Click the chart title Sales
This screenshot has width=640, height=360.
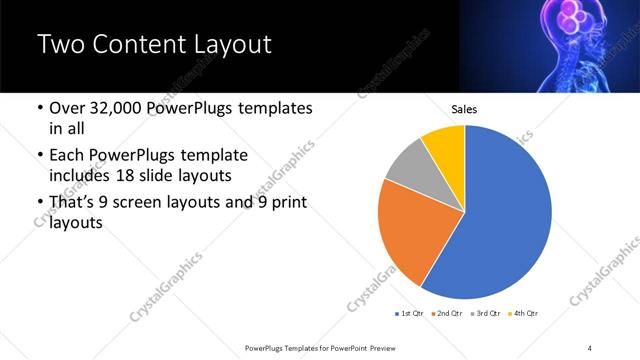[x=465, y=109]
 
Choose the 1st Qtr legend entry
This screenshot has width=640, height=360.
[x=410, y=314]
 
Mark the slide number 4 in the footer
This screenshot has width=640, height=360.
[x=589, y=347]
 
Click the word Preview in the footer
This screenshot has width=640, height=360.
[x=379, y=347]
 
